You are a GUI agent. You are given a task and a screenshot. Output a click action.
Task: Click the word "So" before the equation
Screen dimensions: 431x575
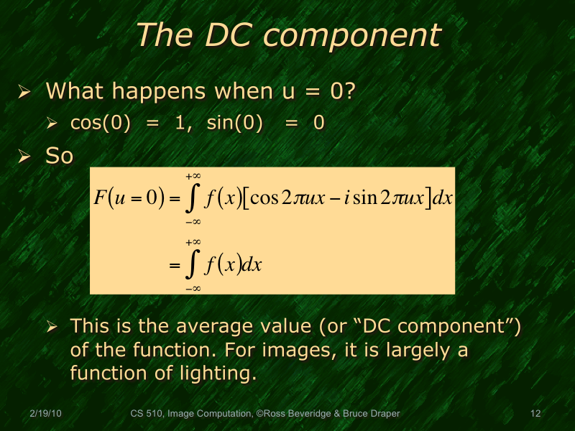[x=59, y=156]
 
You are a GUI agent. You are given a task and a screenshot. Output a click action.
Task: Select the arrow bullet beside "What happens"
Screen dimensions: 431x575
[x=24, y=93]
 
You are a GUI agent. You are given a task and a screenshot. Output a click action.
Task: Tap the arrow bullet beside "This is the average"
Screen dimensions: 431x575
[x=52, y=328]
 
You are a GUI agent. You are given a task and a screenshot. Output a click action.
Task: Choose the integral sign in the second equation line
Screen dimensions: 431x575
[x=192, y=265]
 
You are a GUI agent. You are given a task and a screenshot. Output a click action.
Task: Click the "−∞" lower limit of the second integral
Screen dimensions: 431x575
[x=192, y=287]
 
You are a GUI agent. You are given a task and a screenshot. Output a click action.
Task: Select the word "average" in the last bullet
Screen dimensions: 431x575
[x=237, y=327]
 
